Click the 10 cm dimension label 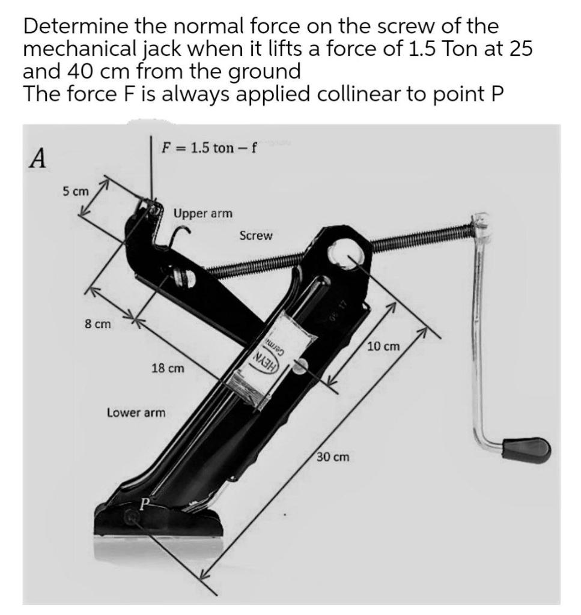pos(383,347)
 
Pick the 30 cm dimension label pos(333,457)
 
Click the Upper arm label pos(202,213)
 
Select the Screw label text pos(255,236)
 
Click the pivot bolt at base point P pos(131,515)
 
